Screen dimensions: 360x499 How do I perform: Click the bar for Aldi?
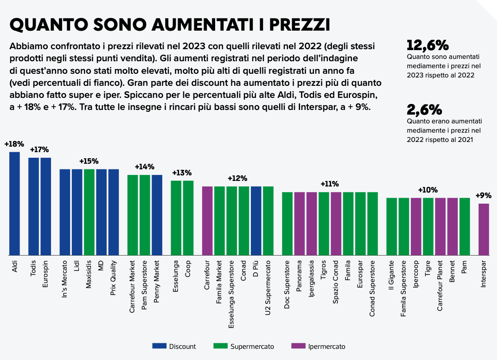tap(14, 204)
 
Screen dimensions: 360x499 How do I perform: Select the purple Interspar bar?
tap(484, 229)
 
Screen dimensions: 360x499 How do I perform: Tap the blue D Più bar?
tap(256, 221)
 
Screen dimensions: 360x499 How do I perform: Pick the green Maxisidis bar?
tap(89, 212)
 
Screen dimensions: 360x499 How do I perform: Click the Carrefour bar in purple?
tap(207, 221)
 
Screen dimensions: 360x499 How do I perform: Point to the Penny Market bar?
tap(157, 215)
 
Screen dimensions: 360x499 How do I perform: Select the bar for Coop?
tap(188, 218)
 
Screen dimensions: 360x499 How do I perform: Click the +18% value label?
tap(14, 144)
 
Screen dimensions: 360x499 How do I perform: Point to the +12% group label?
tap(237, 178)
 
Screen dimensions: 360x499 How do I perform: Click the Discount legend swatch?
tap(159, 346)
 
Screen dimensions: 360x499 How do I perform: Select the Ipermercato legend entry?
tap(318, 346)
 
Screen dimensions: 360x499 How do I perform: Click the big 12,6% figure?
tap(428, 45)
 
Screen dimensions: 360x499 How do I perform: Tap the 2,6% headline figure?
tap(424, 110)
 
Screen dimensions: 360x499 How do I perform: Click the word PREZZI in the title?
tap(292, 24)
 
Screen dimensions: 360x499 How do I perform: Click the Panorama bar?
tap(300, 224)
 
